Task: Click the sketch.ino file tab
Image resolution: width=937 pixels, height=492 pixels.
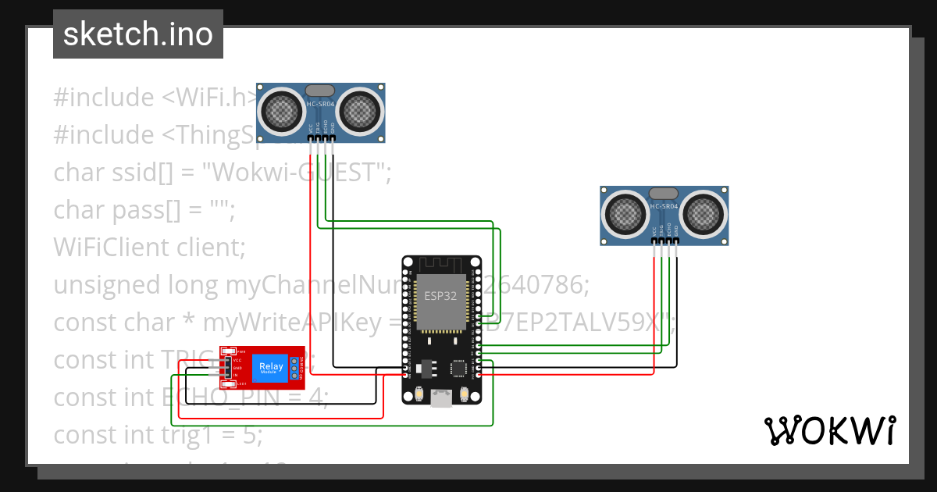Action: pyautogui.click(x=137, y=34)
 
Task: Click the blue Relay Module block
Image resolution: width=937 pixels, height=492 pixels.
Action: pyautogui.click(x=271, y=367)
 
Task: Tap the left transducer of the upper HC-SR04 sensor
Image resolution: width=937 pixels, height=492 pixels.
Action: pyautogui.click(x=281, y=109)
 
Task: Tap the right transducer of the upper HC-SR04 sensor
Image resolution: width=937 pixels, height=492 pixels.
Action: pyautogui.click(x=361, y=109)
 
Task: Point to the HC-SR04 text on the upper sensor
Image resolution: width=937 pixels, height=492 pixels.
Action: pyautogui.click(x=321, y=105)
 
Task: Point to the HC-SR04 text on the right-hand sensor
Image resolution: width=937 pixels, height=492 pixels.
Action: pyautogui.click(x=664, y=207)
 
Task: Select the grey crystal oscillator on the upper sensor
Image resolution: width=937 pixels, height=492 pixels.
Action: pyautogui.click(x=320, y=91)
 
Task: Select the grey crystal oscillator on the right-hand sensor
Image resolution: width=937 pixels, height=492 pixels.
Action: pyautogui.click(x=664, y=193)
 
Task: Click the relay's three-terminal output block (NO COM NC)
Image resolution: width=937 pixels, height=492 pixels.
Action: pyautogui.click(x=295, y=367)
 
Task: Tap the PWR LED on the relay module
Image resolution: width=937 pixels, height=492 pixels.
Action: pyautogui.click(x=228, y=351)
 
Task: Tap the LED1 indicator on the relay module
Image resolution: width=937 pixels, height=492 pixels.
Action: pyautogui.click(x=228, y=383)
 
